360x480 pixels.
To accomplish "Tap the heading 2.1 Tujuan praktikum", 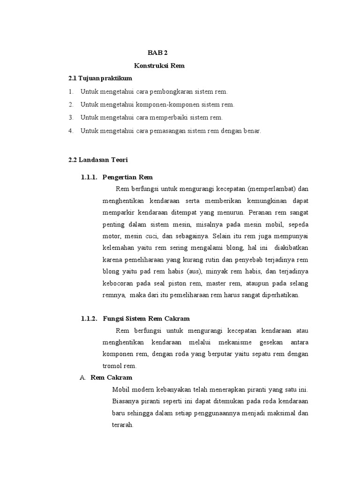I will point(100,77).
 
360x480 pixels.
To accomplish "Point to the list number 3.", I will point(71,117).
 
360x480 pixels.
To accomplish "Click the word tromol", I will point(112,365).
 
